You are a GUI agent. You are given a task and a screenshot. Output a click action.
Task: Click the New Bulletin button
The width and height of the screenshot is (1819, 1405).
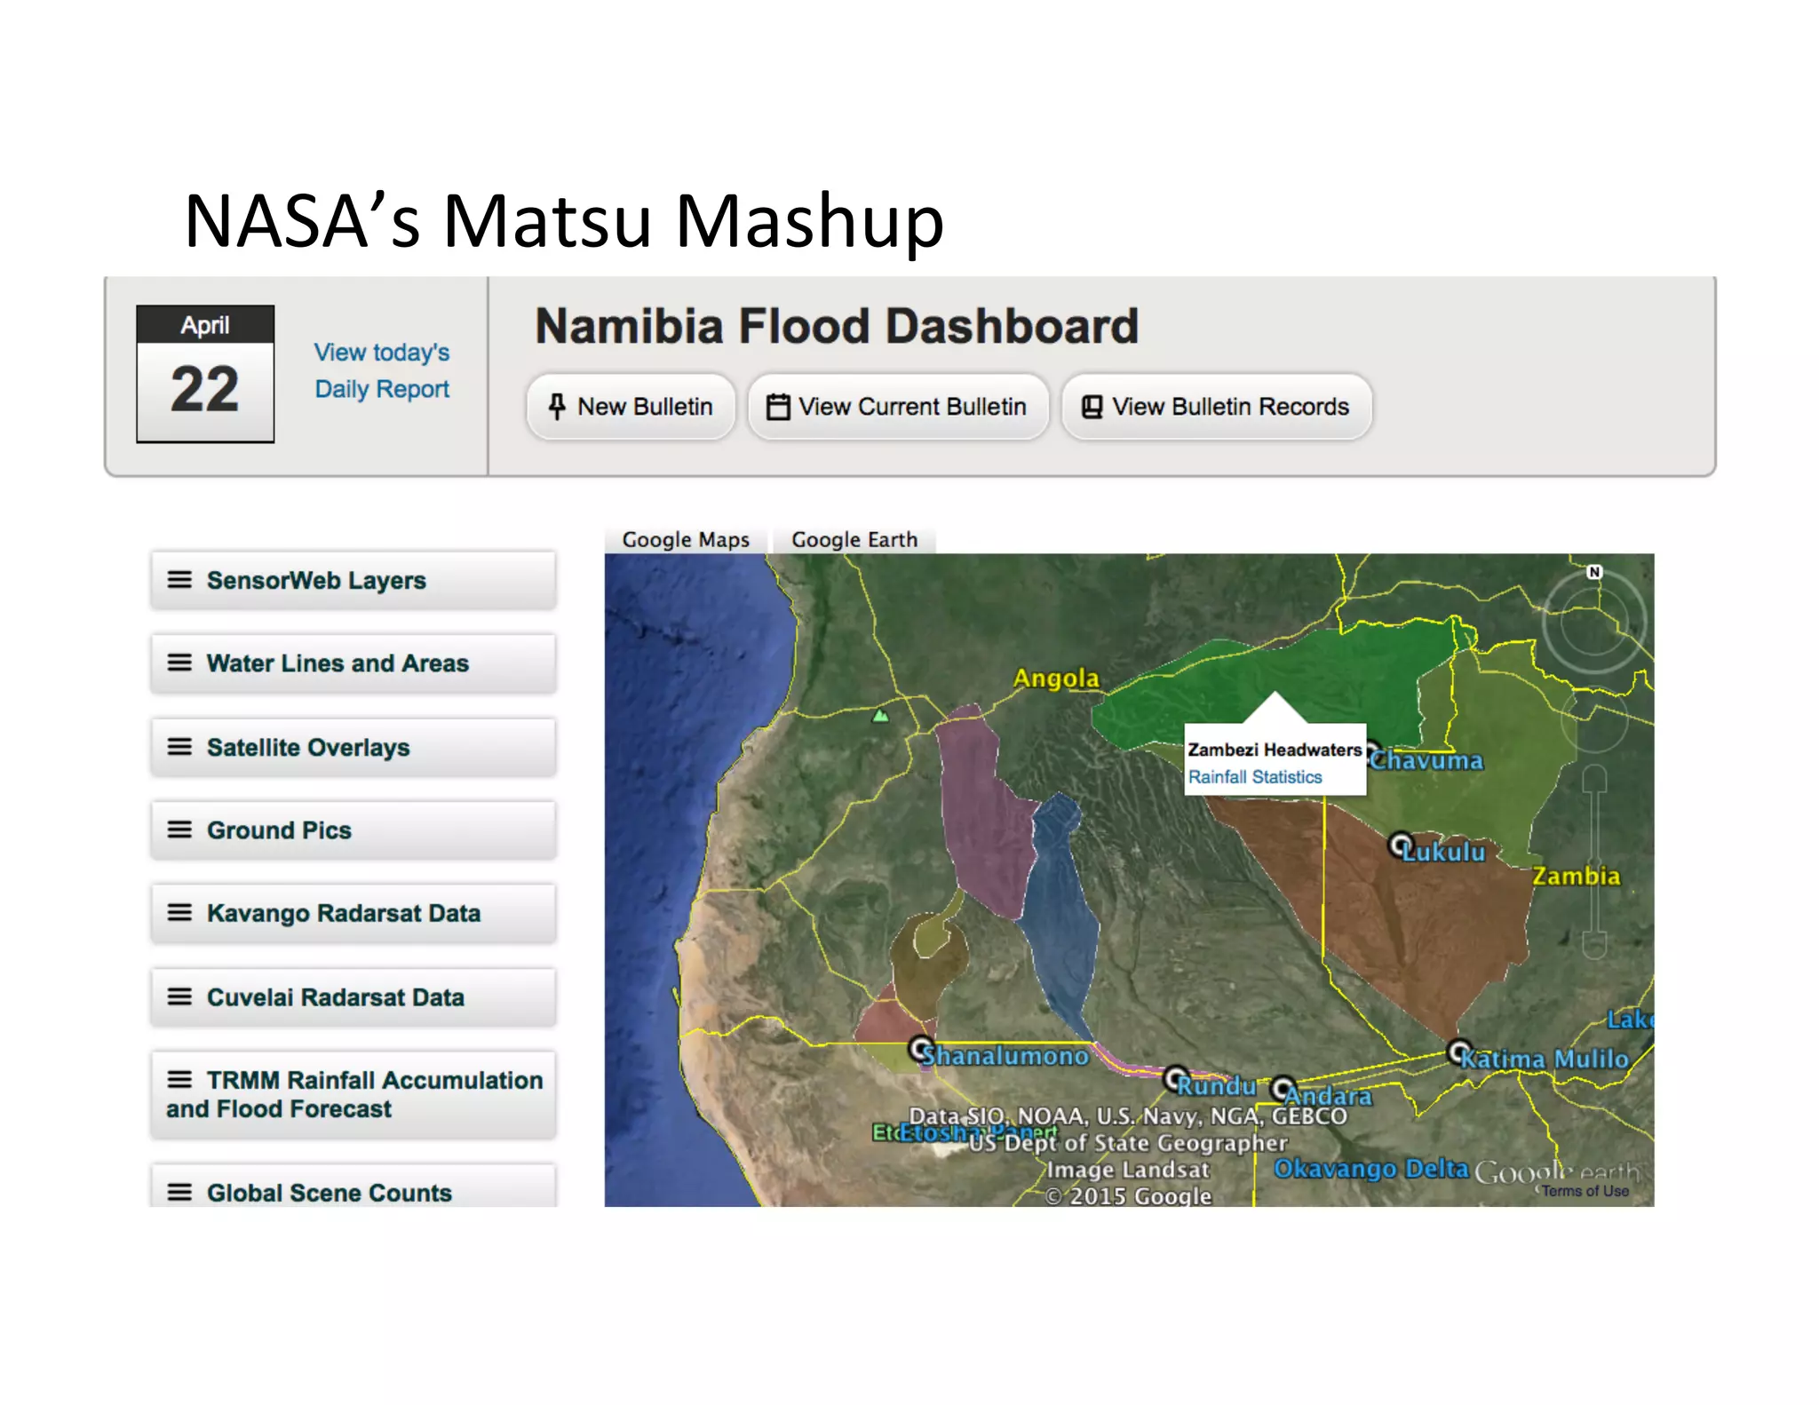click(631, 407)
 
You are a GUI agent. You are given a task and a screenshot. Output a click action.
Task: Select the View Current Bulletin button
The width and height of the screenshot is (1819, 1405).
click(898, 407)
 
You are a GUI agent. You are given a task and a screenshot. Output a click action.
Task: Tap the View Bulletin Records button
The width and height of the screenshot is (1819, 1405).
click(1216, 407)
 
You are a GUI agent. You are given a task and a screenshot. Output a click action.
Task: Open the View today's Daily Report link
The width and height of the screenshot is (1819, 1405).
click(382, 370)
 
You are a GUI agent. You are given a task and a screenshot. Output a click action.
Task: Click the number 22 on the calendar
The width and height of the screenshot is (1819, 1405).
click(205, 389)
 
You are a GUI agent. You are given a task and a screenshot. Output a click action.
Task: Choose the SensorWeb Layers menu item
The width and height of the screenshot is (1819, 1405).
click(353, 581)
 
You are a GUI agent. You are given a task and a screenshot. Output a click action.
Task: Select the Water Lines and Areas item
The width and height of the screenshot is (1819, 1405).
click(353, 663)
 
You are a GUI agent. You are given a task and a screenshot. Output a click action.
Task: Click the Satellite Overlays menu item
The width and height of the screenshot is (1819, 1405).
click(353, 747)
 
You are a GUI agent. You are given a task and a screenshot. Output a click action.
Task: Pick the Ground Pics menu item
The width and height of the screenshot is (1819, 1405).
click(353, 830)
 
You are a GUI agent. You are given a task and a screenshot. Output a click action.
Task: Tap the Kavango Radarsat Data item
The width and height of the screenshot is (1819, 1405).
click(353, 913)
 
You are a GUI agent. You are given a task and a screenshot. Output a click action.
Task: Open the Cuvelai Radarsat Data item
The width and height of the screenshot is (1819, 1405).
click(353, 997)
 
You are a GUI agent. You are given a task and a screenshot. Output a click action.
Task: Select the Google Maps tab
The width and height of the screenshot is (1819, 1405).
click(686, 540)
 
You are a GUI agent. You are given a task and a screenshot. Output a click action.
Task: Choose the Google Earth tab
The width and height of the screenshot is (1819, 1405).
click(854, 540)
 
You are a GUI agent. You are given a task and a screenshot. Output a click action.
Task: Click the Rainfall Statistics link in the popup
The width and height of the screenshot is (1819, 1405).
click(1255, 777)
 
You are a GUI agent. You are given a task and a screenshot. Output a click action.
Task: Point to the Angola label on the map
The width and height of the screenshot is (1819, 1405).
click(1056, 679)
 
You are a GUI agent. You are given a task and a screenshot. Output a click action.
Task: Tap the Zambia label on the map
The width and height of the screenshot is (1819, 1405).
click(1576, 877)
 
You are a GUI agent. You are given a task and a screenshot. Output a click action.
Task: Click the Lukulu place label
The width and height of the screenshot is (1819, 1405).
click(1443, 852)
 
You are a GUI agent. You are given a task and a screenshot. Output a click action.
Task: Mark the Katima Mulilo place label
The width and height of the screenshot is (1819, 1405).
click(1545, 1059)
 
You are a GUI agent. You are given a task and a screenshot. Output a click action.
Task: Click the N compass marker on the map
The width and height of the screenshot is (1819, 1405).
click(1594, 572)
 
